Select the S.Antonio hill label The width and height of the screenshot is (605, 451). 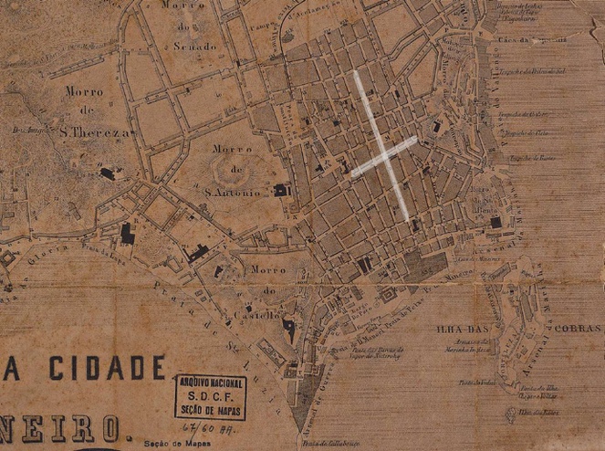[233, 193]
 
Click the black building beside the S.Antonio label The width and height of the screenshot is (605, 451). [280, 190]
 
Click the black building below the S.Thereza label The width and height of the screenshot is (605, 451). [107, 173]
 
